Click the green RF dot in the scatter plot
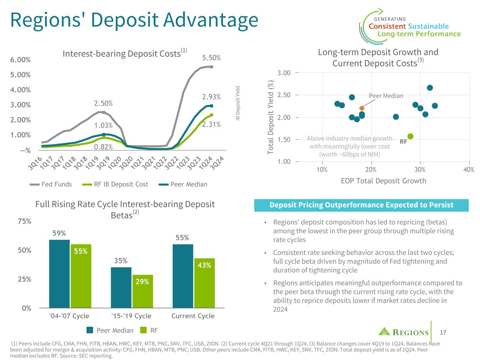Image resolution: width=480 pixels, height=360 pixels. pyautogui.click(x=410, y=136)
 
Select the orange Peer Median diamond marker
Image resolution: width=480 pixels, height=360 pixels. pyautogui.click(x=362, y=108)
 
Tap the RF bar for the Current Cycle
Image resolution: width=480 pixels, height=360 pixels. pyautogui.click(x=204, y=283)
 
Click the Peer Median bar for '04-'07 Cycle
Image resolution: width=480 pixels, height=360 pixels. pyautogui.click(x=59, y=274)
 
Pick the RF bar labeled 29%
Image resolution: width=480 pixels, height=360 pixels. pyautogui.click(x=143, y=291)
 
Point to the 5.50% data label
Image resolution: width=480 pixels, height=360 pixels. pyautogui.click(x=211, y=58)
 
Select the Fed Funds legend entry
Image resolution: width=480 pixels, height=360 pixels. pyautogui.click(x=51, y=184)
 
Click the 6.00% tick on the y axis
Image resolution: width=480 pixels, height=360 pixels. pyautogui.click(x=20, y=60)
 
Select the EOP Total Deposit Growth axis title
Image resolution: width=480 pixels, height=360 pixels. pyautogui.click(x=383, y=181)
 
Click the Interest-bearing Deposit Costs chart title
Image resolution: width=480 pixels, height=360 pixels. pyautogui.click(x=122, y=54)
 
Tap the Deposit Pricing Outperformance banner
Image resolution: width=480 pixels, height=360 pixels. pyautogui.click(x=361, y=205)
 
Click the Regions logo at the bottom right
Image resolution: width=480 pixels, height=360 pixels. pyautogui.click(x=404, y=332)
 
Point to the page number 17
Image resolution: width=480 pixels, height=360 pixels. pyautogui.click(x=443, y=332)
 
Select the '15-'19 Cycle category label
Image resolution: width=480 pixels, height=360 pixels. pyautogui.click(x=131, y=316)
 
